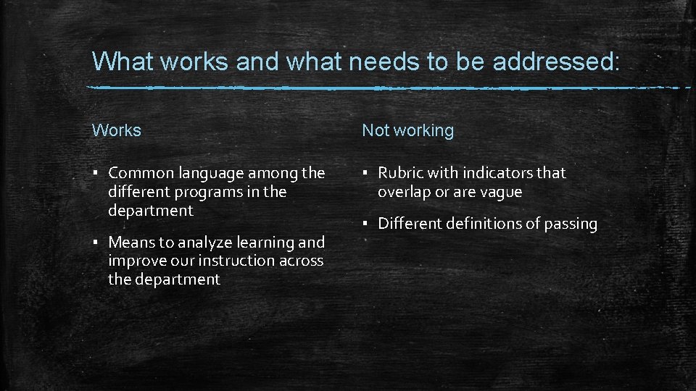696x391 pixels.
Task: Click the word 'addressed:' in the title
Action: pyautogui.click(x=556, y=62)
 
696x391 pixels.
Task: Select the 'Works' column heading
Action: pyautogui.click(x=117, y=130)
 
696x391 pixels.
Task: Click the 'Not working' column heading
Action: pyautogui.click(x=407, y=130)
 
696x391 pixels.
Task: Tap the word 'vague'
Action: pyautogui.click(x=500, y=193)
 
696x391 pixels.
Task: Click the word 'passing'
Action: pyautogui.click(x=569, y=224)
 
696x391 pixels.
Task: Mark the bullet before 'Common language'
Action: pyautogui.click(x=96, y=174)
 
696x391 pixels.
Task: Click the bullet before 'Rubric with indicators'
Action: pyautogui.click(x=365, y=174)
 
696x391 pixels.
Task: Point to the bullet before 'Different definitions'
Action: pyautogui.click(x=365, y=224)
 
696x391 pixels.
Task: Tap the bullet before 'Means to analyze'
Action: pyautogui.click(x=96, y=243)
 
